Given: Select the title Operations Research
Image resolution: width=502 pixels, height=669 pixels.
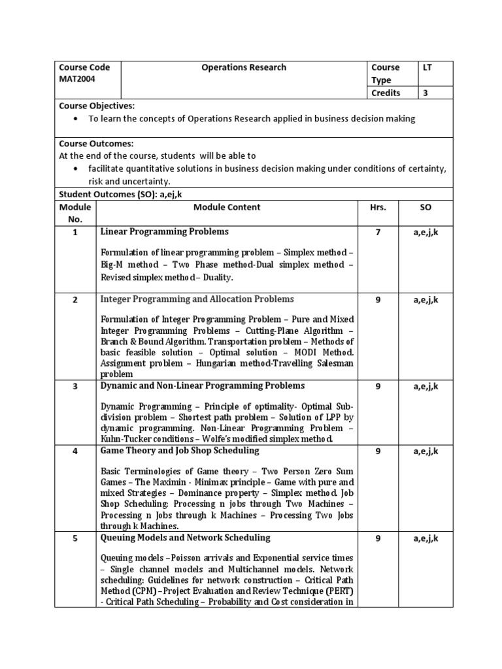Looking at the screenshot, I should click(x=244, y=67).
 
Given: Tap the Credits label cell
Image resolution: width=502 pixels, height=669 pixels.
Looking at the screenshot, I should click(x=386, y=93).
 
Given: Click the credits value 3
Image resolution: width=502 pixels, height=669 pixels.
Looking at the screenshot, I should click(x=426, y=93).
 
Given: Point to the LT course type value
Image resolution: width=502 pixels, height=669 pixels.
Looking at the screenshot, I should click(x=428, y=67).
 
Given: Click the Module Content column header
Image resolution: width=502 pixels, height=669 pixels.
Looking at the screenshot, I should click(x=227, y=207).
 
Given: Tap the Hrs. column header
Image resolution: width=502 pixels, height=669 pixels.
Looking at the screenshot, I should click(x=378, y=207).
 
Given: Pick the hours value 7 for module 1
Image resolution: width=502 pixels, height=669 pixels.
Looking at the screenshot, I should click(x=378, y=232).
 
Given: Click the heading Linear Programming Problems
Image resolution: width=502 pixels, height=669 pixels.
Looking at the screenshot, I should click(x=164, y=232).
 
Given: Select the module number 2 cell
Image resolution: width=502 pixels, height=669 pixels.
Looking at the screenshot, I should click(x=75, y=300).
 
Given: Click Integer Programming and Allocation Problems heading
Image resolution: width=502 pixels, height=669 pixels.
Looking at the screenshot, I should click(x=197, y=299).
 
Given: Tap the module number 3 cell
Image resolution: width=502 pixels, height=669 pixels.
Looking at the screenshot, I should click(x=75, y=386).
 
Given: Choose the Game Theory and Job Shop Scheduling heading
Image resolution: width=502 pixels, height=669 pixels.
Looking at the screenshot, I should click(x=179, y=451).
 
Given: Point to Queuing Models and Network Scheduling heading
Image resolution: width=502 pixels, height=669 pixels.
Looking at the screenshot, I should click(x=185, y=538).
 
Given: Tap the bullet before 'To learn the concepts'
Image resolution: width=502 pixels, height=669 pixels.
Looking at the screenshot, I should click(x=77, y=119).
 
